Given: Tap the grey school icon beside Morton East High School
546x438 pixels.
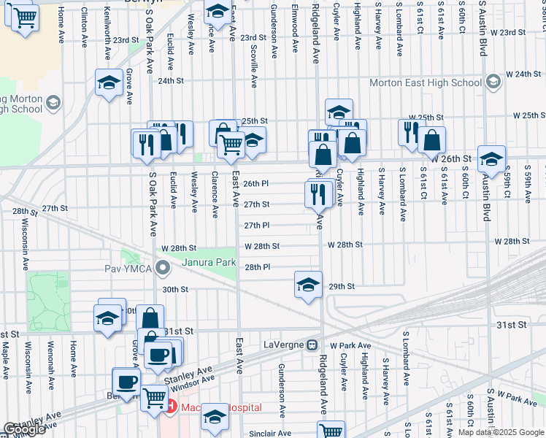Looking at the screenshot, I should [x=494, y=82].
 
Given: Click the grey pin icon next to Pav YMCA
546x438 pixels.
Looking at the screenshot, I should [x=164, y=270].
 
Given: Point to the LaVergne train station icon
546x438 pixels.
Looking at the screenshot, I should [x=312, y=344].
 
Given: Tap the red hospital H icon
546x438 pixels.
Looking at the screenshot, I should [x=171, y=407].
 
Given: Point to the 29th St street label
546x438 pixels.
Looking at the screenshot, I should [x=341, y=287].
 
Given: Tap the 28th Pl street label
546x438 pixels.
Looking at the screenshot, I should [x=257, y=267].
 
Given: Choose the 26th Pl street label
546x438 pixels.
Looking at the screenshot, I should [x=256, y=184].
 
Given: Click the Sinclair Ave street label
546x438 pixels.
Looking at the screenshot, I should [x=270, y=434].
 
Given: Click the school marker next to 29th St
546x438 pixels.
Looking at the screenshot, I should [x=308, y=284].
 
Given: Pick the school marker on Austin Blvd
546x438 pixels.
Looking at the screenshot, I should [x=491, y=159].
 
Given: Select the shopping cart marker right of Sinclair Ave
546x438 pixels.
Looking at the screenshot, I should [x=331, y=431].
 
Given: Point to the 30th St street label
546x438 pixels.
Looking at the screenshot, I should [x=175, y=289].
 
